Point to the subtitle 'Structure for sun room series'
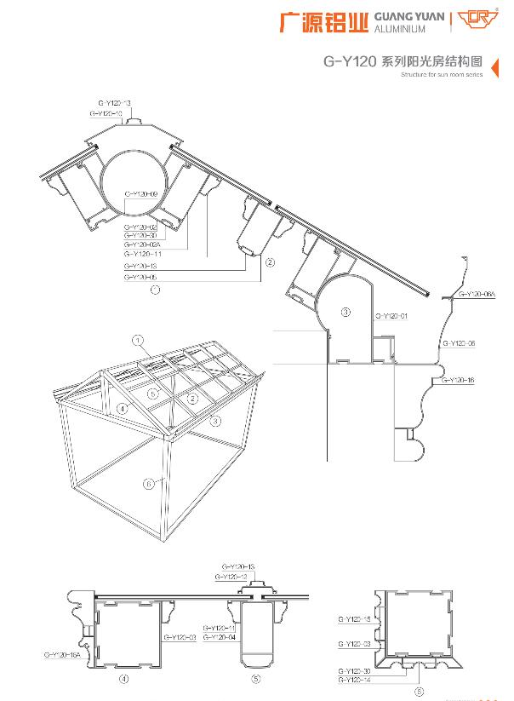click(441, 75)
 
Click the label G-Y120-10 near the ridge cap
click(106, 112)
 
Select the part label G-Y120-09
click(140, 195)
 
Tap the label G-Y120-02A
click(141, 244)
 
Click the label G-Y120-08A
click(477, 294)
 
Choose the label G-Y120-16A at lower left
click(61, 654)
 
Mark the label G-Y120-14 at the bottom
click(353, 679)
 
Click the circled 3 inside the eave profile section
click(346, 313)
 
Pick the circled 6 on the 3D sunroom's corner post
click(149, 483)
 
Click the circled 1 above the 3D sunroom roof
click(136, 340)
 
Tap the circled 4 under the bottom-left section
click(123, 680)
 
